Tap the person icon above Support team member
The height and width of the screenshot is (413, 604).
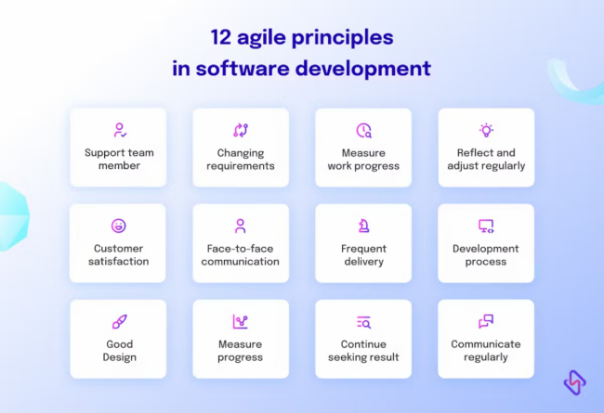[x=118, y=131]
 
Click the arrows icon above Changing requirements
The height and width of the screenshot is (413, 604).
[x=240, y=131]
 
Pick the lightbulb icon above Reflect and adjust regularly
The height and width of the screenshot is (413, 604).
[x=486, y=131]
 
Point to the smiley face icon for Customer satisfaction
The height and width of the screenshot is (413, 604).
[x=118, y=226]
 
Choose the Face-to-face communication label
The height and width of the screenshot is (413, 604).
[x=241, y=255]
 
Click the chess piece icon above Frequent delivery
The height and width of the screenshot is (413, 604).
[x=363, y=226]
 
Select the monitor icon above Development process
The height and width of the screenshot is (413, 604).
[x=486, y=226]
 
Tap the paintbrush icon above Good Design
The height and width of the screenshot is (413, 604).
[x=118, y=322]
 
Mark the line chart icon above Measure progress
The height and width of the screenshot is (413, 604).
[x=240, y=322]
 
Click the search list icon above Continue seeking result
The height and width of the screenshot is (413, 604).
[x=363, y=322]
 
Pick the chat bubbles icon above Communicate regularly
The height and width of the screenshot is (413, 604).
[x=486, y=322]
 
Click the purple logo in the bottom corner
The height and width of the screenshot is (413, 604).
[x=574, y=381]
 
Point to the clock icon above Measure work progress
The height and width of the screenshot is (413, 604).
[x=363, y=131]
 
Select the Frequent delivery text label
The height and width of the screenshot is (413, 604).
[x=363, y=255]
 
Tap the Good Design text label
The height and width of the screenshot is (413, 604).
[x=118, y=351]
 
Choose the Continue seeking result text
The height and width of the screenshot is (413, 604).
[x=363, y=351]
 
